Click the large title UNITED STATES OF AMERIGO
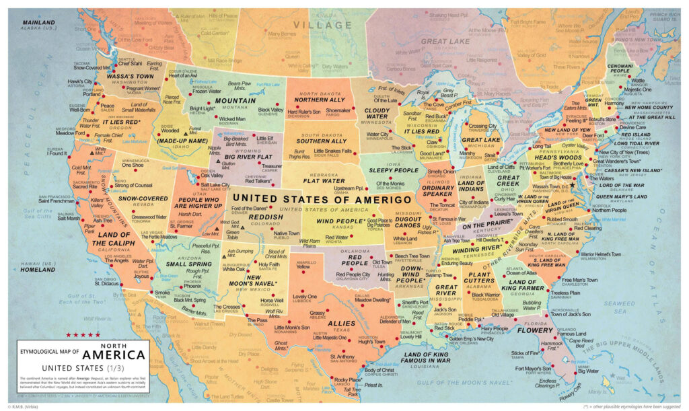point(322,199)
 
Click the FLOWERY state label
point(535,330)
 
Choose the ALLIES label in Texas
point(340,323)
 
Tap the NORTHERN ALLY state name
point(320,100)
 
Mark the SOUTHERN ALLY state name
point(322,141)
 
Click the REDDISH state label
point(266,219)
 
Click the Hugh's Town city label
point(371,342)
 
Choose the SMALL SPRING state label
point(180,264)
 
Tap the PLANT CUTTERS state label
point(480,278)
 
